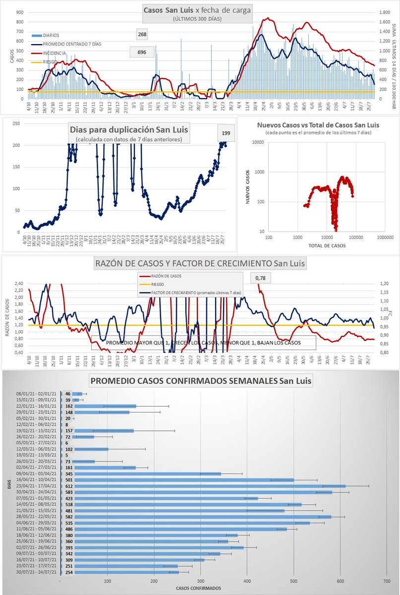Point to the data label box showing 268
point(143,34)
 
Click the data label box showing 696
point(141,52)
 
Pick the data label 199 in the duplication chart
point(226,133)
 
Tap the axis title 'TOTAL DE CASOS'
point(327,245)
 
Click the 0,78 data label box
point(260,278)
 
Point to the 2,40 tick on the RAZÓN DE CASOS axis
point(18,284)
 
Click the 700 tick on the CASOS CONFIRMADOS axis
point(387,581)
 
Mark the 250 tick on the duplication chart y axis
point(16,124)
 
